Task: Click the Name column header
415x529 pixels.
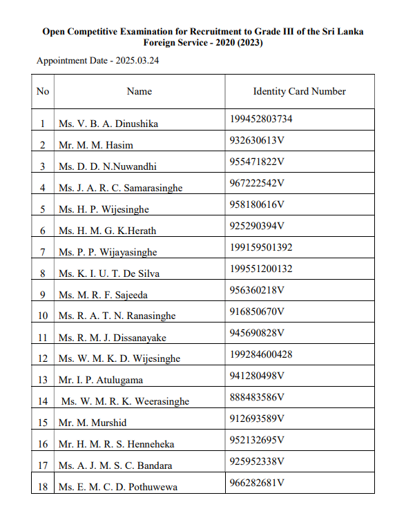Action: click(x=139, y=91)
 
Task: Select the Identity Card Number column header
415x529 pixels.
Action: click(x=299, y=91)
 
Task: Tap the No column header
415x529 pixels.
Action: click(x=43, y=91)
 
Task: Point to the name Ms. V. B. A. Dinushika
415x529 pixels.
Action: click(x=108, y=124)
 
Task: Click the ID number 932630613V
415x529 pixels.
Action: click(x=257, y=140)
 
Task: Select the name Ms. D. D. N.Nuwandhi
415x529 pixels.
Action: click(x=107, y=166)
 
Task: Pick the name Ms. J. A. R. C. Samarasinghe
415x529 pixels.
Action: click(x=120, y=188)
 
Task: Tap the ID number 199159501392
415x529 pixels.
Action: click(x=261, y=247)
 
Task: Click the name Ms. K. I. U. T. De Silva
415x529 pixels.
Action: click(x=108, y=273)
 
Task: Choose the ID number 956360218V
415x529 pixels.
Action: click(x=257, y=290)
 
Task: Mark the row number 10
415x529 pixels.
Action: click(x=43, y=316)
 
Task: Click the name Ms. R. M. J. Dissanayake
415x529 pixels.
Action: click(x=112, y=338)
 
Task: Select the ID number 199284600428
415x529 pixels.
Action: click(x=261, y=354)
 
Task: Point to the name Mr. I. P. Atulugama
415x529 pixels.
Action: click(x=101, y=380)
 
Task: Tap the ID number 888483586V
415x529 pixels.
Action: click(x=257, y=397)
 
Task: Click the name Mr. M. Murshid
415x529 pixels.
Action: click(x=93, y=423)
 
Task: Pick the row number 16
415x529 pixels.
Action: click(x=43, y=444)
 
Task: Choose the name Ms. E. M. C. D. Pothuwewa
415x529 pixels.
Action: click(x=117, y=487)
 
